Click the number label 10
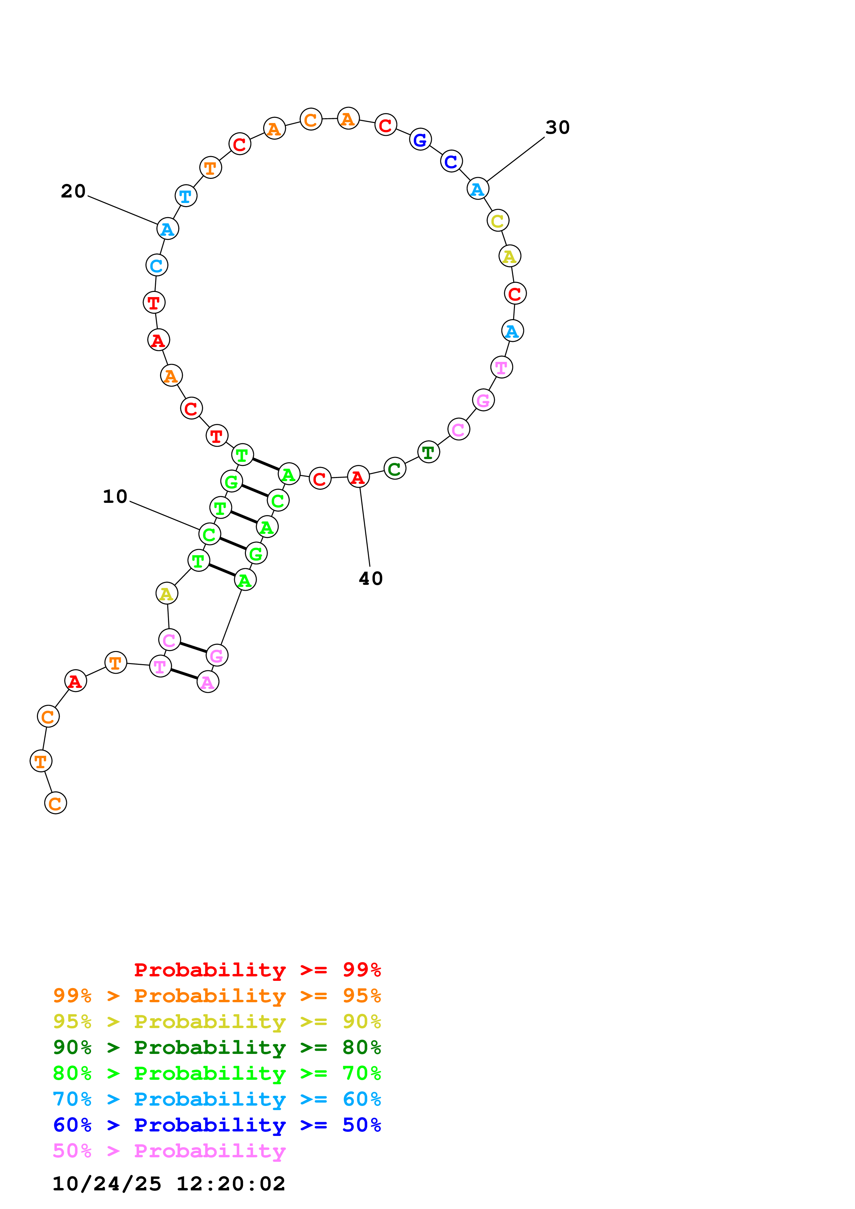point(115,497)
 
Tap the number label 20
point(73,191)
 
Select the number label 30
point(557,128)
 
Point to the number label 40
point(371,579)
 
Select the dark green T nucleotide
point(428,452)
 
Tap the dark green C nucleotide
point(395,469)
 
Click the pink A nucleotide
point(208,682)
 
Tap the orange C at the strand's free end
point(55,804)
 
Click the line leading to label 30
point(515,159)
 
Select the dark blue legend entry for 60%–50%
point(217,1125)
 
